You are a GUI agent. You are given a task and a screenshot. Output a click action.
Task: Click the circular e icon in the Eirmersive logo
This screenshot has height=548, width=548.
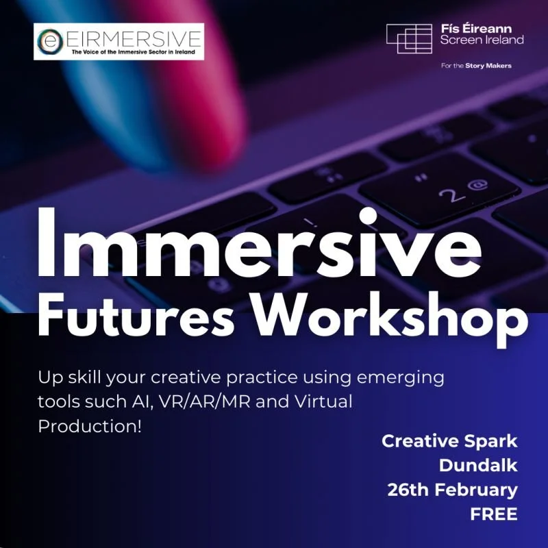(x=49, y=41)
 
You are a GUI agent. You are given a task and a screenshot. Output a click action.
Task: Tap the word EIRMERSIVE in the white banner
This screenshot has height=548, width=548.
(x=130, y=36)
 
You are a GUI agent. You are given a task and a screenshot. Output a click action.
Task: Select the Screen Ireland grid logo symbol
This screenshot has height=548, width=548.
(x=408, y=38)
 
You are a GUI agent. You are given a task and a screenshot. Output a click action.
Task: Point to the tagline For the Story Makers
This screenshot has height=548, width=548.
(x=477, y=66)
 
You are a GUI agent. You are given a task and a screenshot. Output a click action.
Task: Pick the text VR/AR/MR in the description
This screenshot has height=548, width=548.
(x=213, y=401)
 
